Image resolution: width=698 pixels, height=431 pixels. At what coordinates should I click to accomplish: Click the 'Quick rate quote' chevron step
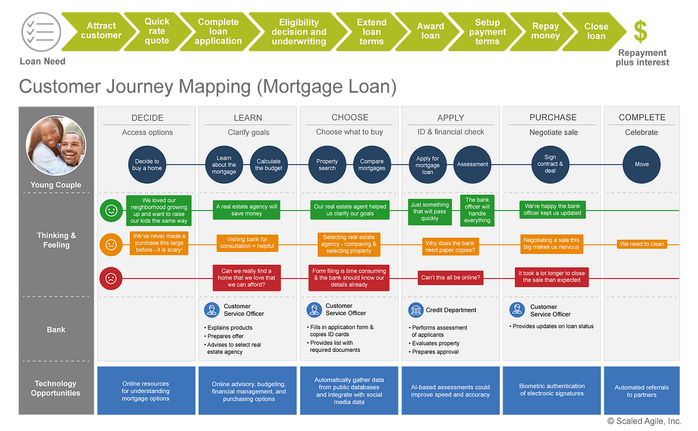click(x=157, y=31)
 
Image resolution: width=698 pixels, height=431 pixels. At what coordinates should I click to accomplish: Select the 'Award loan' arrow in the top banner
click(x=430, y=31)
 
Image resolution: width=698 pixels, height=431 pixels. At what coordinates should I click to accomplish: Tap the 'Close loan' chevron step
click(x=596, y=31)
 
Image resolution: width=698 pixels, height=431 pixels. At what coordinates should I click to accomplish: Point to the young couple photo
click(x=56, y=146)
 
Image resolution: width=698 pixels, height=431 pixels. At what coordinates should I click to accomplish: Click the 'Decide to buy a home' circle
click(x=147, y=165)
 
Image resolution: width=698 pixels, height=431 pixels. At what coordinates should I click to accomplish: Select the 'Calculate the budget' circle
click(x=268, y=165)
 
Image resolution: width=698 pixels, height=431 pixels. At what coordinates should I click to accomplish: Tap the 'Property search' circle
click(x=327, y=165)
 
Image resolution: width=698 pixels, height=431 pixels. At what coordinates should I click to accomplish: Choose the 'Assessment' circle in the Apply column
click(x=472, y=165)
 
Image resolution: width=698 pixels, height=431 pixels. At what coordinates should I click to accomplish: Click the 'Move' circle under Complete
click(x=642, y=165)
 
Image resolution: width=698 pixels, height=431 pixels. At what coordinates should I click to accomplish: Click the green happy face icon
click(x=111, y=210)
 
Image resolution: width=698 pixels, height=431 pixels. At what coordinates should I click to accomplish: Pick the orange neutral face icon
click(x=111, y=244)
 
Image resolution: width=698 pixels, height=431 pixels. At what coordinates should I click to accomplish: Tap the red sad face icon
click(x=111, y=278)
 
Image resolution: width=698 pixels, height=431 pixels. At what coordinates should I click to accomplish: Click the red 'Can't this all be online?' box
click(x=451, y=278)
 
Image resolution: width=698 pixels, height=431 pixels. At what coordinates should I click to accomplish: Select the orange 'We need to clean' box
click(x=642, y=244)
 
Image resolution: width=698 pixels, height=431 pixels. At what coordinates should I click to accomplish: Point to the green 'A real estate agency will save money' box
click(x=247, y=210)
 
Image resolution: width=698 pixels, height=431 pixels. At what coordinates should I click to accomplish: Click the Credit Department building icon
click(x=415, y=310)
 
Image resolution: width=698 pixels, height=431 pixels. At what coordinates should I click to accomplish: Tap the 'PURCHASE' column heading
click(x=553, y=117)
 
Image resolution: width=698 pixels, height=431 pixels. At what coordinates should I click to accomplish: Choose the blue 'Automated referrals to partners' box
click(x=642, y=391)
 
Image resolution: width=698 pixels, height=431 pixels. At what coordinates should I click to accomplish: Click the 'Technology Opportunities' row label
click(x=56, y=388)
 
